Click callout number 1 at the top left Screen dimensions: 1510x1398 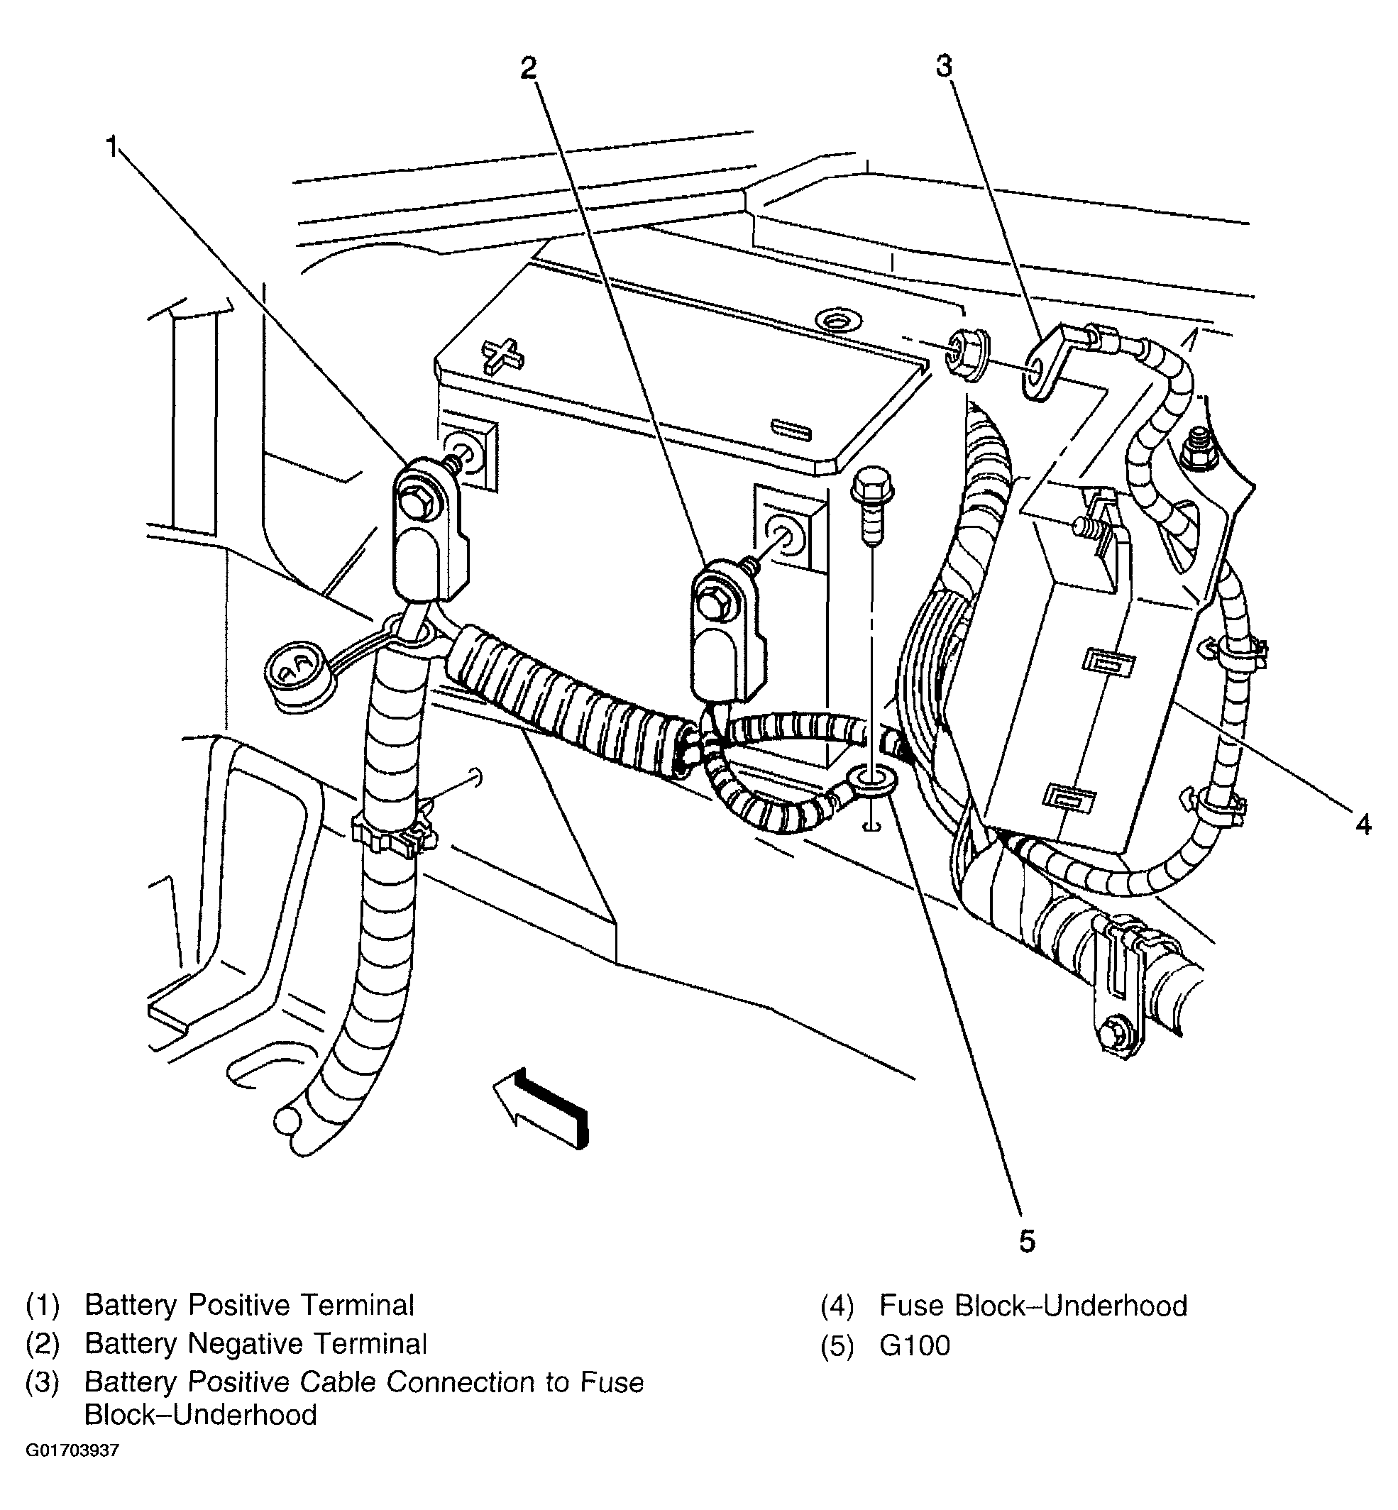(x=112, y=147)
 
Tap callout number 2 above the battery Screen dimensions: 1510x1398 (x=528, y=69)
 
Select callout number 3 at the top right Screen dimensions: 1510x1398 (x=943, y=67)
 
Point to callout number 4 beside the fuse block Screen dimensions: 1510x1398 (x=1363, y=824)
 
